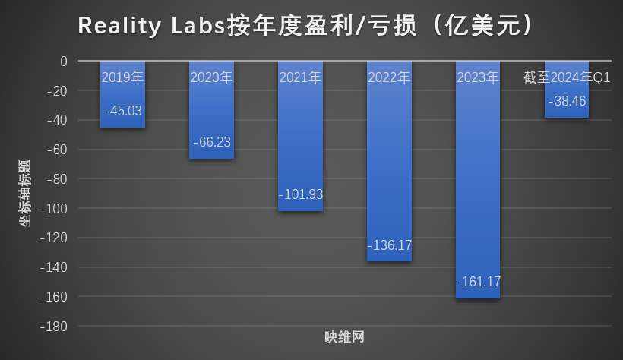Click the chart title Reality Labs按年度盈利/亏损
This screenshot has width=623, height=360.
point(304,24)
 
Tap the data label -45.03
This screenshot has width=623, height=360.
point(123,111)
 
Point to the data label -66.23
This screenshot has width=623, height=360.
point(212,142)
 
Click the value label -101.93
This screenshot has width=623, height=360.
point(301,194)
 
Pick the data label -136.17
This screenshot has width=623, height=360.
point(390,245)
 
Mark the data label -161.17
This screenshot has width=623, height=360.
point(479,282)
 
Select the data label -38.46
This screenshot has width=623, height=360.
point(567,101)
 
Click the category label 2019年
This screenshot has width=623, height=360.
point(122,77)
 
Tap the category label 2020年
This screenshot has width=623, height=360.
point(211,77)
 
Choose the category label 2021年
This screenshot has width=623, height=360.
point(300,77)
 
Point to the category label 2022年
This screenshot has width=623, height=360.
point(389,77)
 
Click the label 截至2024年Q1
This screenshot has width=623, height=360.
point(567,77)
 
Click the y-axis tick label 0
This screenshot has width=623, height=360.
point(64,62)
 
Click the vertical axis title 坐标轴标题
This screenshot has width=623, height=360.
point(25,194)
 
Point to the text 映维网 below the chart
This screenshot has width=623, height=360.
point(345,337)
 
